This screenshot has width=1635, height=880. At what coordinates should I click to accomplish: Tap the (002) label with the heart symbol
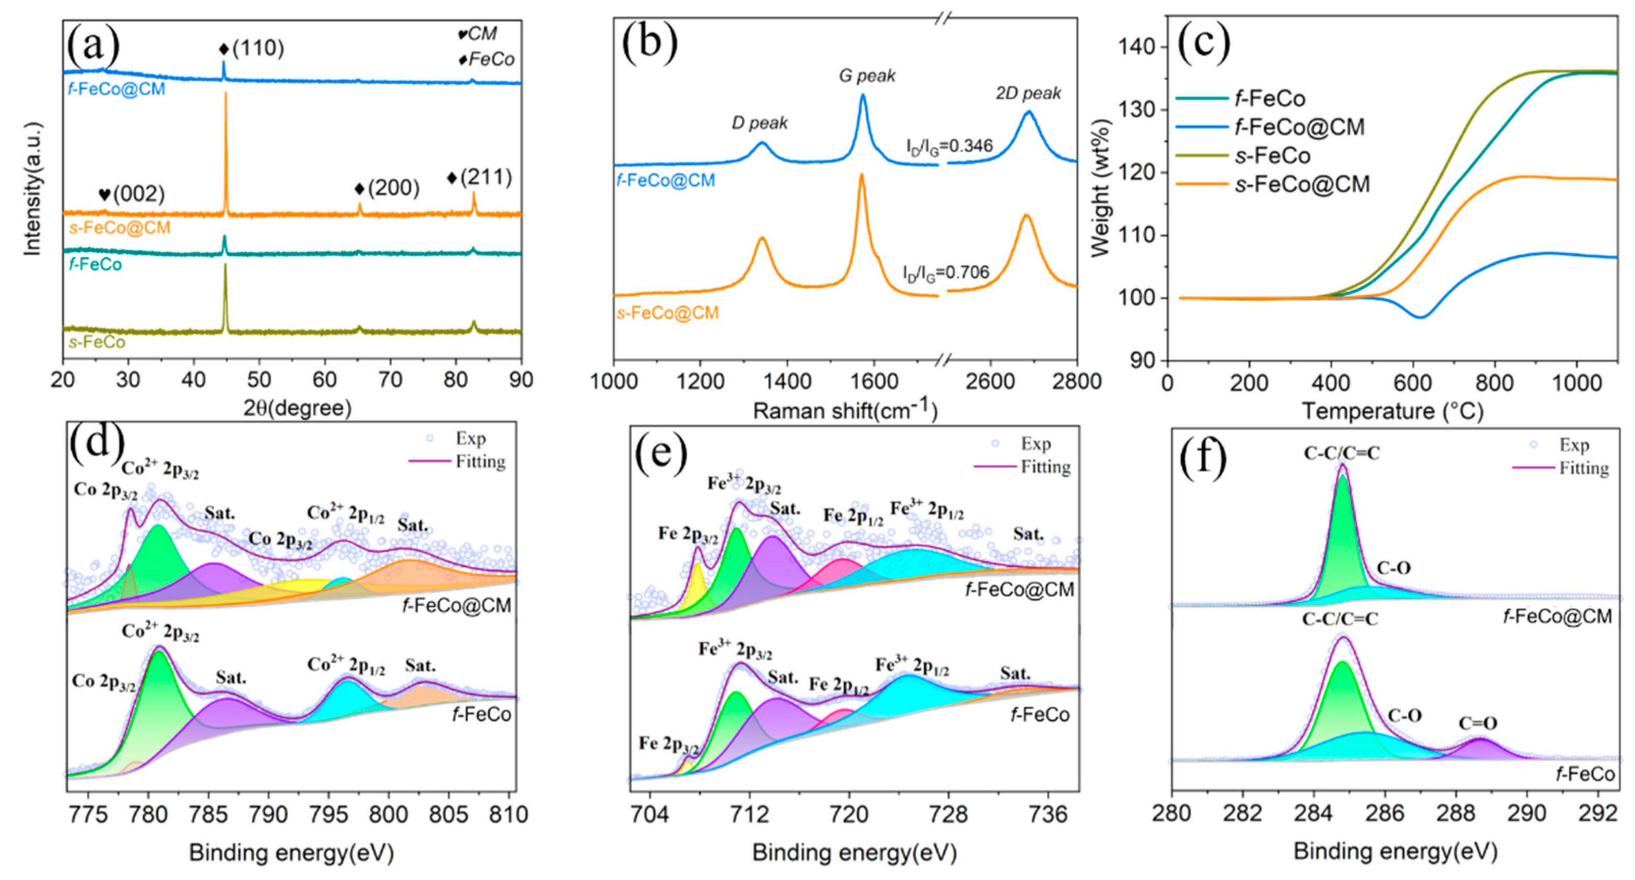[x=132, y=194]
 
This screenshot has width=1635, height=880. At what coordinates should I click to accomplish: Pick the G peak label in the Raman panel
[x=867, y=76]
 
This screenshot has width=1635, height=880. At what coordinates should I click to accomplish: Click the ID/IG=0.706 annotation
[x=946, y=273]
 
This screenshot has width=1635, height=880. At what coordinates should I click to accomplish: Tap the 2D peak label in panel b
[x=1028, y=93]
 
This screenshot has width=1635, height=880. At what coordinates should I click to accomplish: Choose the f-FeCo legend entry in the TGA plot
[x=1269, y=99]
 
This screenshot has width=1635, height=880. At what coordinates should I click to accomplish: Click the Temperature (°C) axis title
[x=1393, y=411]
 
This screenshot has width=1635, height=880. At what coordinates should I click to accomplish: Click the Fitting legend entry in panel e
[x=1045, y=468]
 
